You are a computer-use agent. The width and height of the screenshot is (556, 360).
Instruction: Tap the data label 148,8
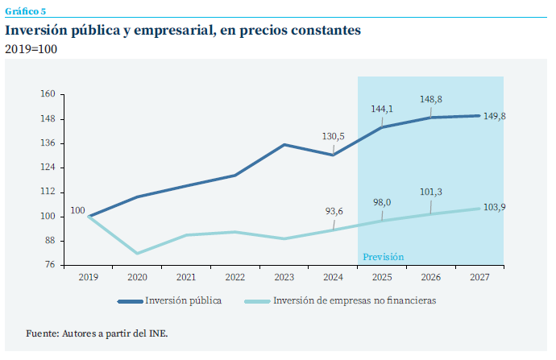click(431, 100)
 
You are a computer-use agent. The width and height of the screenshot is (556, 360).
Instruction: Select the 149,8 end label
click(495, 116)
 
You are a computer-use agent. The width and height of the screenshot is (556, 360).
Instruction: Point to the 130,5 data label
click(333, 137)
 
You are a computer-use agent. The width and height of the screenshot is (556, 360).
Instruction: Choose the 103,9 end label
click(495, 208)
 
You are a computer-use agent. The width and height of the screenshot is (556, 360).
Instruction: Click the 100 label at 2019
click(77, 211)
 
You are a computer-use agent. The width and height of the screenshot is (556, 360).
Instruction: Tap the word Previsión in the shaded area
click(383, 257)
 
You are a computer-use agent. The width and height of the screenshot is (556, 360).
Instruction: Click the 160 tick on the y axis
click(48, 94)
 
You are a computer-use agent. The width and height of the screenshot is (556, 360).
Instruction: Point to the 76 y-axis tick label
click(50, 265)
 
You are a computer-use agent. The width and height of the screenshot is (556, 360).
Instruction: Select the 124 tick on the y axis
click(48, 168)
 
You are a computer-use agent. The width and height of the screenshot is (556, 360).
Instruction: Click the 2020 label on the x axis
click(137, 277)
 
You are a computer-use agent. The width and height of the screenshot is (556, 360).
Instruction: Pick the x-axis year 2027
click(479, 277)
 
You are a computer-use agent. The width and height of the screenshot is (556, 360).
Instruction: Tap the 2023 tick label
click(284, 277)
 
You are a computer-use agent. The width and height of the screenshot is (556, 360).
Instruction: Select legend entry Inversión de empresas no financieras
click(355, 301)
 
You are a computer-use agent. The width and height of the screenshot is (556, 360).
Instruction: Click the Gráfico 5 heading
click(26, 10)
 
